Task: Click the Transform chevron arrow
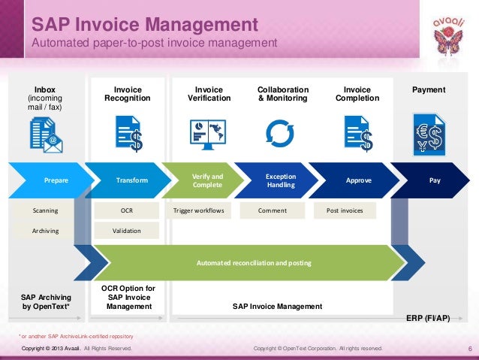(x=132, y=180)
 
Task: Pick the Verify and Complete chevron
(x=208, y=180)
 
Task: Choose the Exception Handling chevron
(x=281, y=180)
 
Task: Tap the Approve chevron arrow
(x=358, y=180)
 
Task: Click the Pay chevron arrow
(x=435, y=180)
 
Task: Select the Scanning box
(x=45, y=210)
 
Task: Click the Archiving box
(x=45, y=231)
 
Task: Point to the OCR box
(x=127, y=210)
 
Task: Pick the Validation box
(x=127, y=231)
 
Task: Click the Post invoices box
(x=345, y=210)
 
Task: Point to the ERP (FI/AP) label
(x=428, y=318)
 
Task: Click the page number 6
(x=468, y=349)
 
